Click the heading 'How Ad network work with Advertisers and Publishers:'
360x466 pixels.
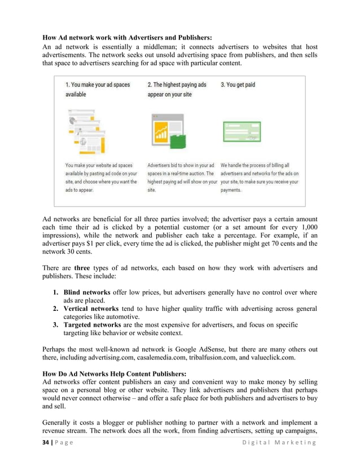click(x=127, y=38)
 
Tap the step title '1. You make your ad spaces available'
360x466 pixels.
click(x=98, y=89)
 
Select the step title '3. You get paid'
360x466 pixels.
click(x=238, y=85)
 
